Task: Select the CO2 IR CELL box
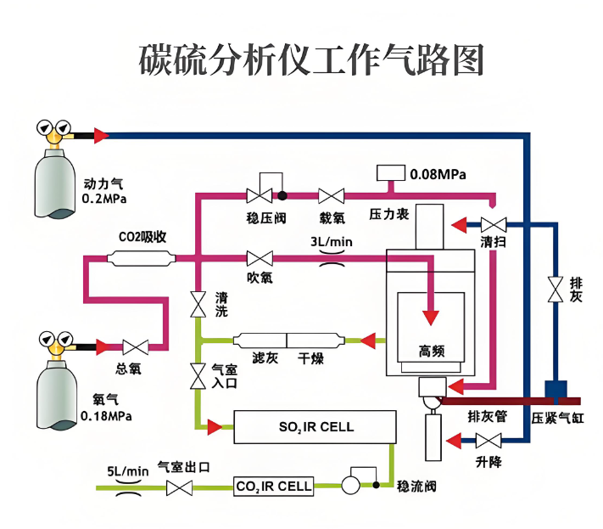pyautogui.click(x=273, y=487)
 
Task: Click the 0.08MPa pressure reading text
pyautogui.click(x=438, y=174)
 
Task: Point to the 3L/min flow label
pyautogui.click(x=331, y=242)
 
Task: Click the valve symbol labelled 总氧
pyautogui.click(x=135, y=346)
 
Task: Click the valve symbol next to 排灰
pyautogui.click(x=556, y=289)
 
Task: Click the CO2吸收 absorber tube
pyautogui.click(x=142, y=257)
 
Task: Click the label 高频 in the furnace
pyautogui.click(x=432, y=351)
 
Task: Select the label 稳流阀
pyautogui.click(x=416, y=487)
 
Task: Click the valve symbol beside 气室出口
pyautogui.click(x=179, y=487)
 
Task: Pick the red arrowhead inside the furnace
pyautogui.click(x=432, y=317)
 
